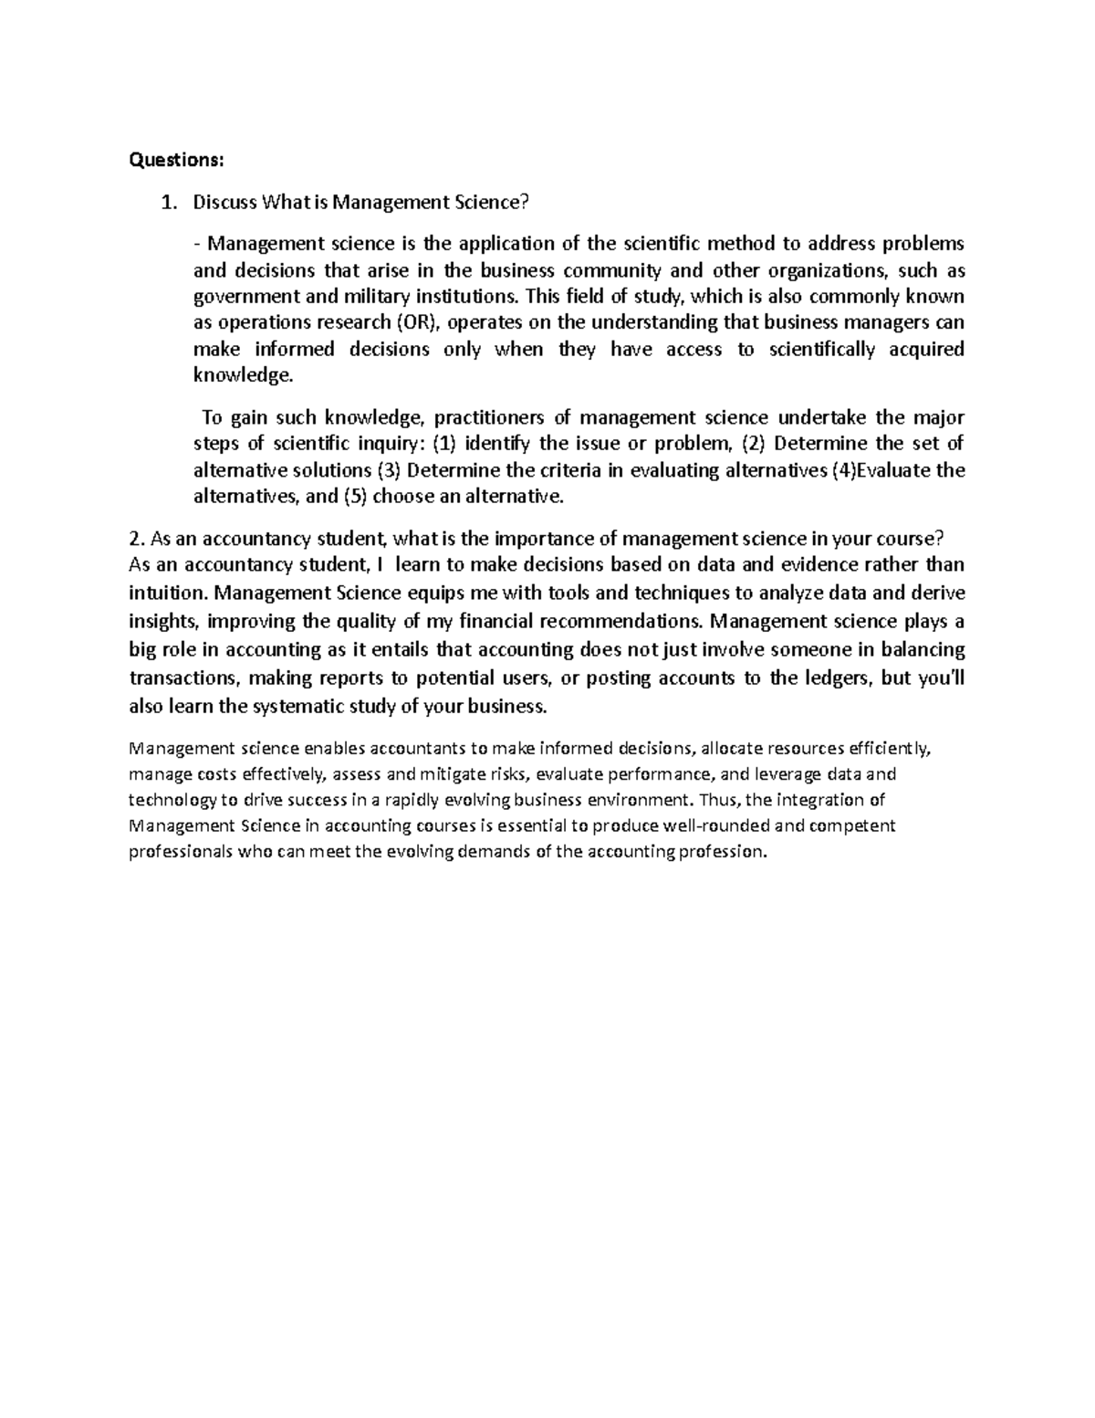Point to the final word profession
[x=721, y=853]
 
